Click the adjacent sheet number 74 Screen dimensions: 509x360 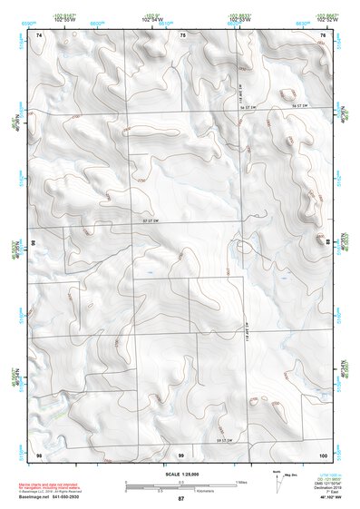tap(39, 34)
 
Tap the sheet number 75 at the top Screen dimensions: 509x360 tap(181, 34)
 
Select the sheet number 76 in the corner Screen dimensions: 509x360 tap(322, 34)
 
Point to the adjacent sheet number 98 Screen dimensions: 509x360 tap(39, 453)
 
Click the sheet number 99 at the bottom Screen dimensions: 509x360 tap(181, 453)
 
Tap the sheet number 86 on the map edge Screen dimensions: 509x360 tap(33, 243)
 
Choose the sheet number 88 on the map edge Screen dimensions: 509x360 tap(327, 243)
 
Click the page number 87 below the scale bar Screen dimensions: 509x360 tap(181, 500)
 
